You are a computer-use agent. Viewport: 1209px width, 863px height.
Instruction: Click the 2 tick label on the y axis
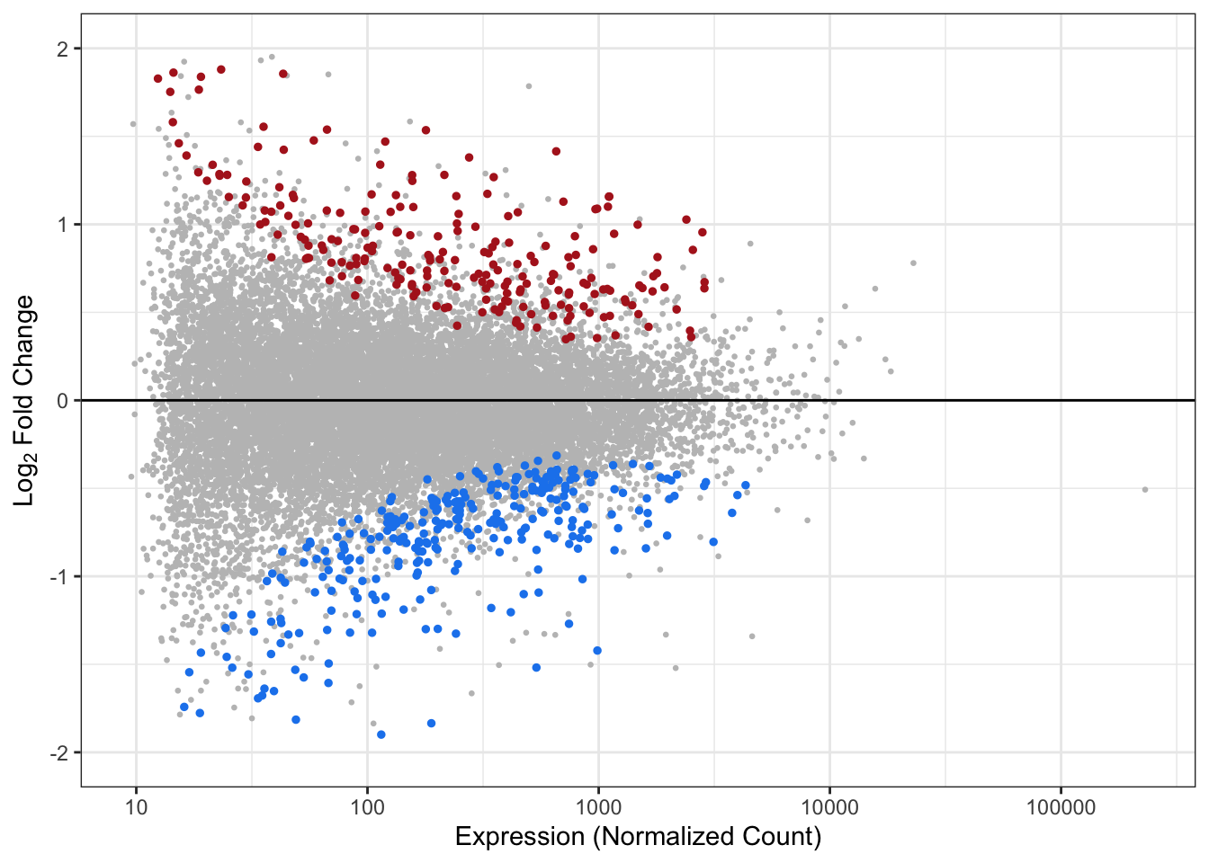tap(62, 49)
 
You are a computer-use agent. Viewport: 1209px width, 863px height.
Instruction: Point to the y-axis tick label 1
tap(62, 225)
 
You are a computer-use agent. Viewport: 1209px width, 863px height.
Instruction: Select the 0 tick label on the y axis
tap(62, 401)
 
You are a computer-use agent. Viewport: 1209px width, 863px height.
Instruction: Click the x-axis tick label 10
tap(136, 806)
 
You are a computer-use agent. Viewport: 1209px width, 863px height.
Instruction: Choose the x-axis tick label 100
tap(367, 806)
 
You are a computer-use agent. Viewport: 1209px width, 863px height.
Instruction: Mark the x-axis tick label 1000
tap(598, 806)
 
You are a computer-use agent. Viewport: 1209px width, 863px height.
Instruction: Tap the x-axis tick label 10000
tap(829, 806)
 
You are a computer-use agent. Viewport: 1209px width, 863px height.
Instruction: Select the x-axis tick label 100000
tap(1060, 806)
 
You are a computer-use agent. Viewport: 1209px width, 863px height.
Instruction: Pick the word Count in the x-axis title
tap(782, 837)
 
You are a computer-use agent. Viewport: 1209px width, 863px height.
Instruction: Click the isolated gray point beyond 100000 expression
tap(1145, 489)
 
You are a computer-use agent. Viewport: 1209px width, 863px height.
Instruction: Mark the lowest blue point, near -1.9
tap(381, 734)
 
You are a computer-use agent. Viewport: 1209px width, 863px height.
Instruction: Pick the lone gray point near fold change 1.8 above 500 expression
tap(528, 86)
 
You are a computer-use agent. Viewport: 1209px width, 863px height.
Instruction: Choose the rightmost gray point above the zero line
tap(913, 262)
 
